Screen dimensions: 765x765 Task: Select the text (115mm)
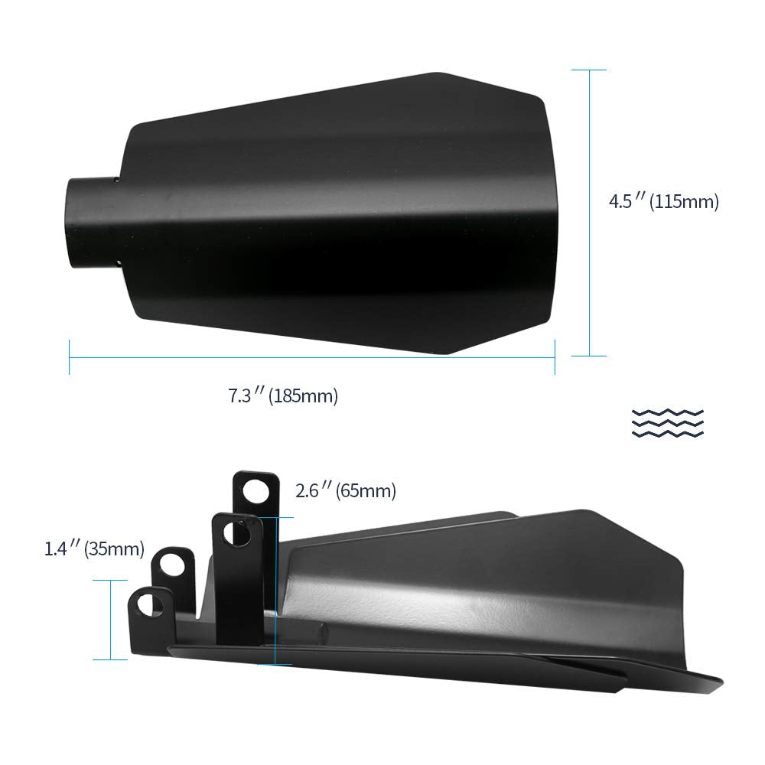[x=684, y=203]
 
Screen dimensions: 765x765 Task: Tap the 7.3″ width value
[x=246, y=396]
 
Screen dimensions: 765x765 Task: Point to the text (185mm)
[x=303, y=396]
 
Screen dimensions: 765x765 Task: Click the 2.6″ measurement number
[x=313, y=490]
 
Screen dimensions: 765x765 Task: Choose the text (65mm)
[x=366, y=490]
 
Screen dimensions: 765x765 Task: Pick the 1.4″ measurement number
[x=62, y=549]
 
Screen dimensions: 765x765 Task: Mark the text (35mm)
[x=114, y=549]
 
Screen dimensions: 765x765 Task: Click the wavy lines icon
[x=667, y=422]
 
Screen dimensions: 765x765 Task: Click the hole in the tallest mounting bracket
[x=259, y=490]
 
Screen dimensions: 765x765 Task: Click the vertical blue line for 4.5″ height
[x=589, y=213]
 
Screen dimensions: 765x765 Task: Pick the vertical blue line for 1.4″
[x=111, y=620]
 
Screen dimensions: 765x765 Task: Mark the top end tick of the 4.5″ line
[x=589, y=70]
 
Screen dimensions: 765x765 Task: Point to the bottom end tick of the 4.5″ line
[x=589, y=356]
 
